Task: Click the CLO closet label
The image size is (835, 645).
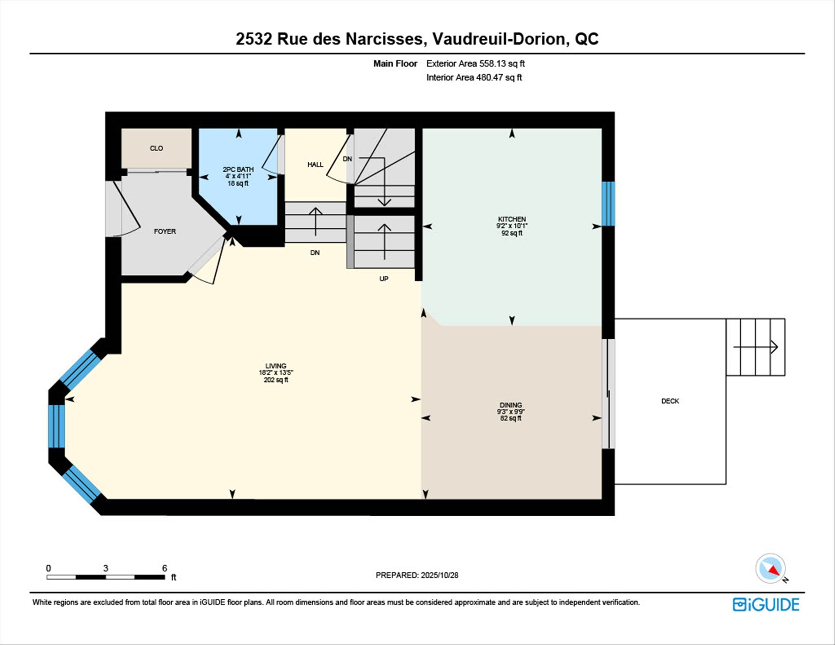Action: (156, 148)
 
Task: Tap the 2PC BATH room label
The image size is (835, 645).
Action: (238, 169)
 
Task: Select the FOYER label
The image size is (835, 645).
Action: (165, 231)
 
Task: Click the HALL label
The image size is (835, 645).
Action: (315, 164)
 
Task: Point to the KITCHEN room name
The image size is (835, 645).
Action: (512, 219)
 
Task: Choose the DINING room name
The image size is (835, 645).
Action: (511, 405)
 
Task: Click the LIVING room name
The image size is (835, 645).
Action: (276, 366)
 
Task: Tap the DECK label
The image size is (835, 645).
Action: (670, 401)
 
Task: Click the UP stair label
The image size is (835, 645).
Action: (384, 279)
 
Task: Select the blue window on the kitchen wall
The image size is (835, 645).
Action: (608, 204)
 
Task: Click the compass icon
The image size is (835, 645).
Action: (771, 568)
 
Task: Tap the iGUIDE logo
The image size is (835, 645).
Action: (766, 605)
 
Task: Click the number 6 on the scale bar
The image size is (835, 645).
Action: (164, 568)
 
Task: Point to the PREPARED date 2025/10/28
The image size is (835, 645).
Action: (440, 575)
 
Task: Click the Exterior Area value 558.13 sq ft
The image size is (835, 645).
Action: (502, 63)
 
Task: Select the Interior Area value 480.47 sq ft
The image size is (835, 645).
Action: (498, 77)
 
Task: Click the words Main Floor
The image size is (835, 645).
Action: (395, 63)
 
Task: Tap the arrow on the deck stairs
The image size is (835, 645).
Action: (755, 347)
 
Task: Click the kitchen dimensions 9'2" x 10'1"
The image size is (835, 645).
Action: (512, 226)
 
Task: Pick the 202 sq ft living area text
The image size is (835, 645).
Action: (276, 380)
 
